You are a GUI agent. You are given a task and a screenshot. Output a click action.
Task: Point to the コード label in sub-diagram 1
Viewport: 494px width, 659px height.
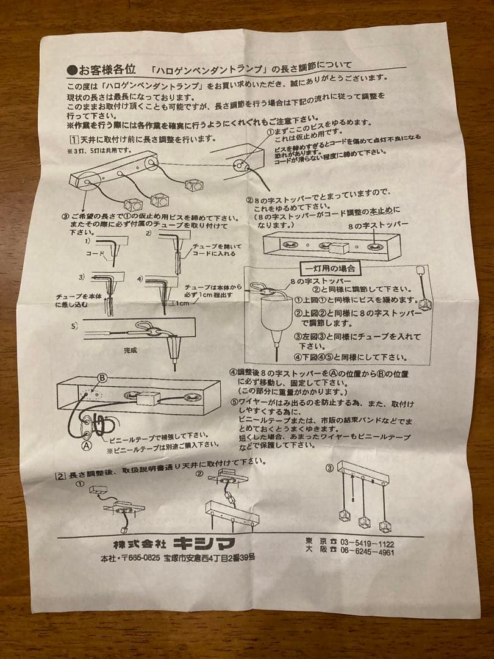click(x=95, y=253)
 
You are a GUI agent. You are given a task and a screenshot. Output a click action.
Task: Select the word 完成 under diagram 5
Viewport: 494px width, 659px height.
click(x=131, y=351)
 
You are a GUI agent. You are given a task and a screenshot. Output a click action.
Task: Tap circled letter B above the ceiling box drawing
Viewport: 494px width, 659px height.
click(x=102, y=378)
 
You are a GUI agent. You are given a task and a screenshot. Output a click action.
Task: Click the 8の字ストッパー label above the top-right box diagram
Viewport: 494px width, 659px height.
click(x=378, y=225)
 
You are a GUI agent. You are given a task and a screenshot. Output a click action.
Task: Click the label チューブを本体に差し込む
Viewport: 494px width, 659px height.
click(x=76, y=300)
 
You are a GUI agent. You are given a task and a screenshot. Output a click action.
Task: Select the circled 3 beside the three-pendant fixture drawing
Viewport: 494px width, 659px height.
click(x=329, y=469)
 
